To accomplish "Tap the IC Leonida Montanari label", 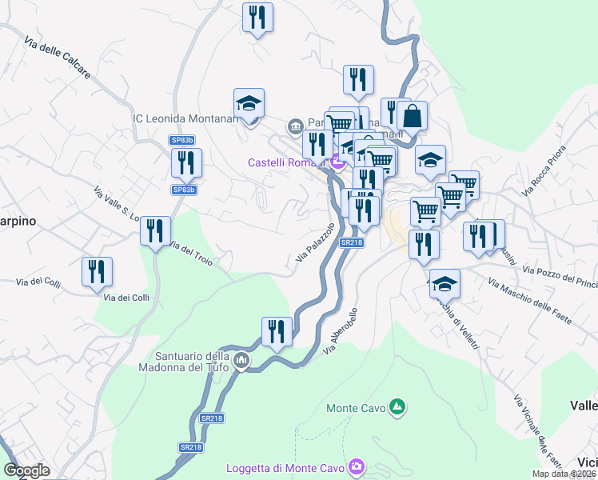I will tap(186, 118).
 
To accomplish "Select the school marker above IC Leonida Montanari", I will tap(249, 104).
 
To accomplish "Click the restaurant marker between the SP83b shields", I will tap(186, 163).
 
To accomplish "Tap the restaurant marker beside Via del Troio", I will tap(155, 232).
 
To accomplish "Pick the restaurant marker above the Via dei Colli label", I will tap(96, 271).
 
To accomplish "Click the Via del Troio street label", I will tap(189, 255).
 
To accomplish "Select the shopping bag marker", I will tap(412, 116).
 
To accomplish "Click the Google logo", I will tap(26, 470).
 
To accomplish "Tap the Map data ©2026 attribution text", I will tap(564, 474).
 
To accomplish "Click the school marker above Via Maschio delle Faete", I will tap(445, 284).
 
